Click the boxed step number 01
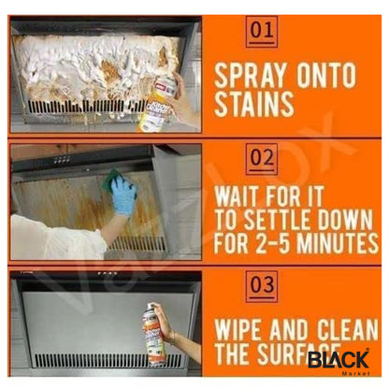point(262,32)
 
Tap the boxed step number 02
point(262,160)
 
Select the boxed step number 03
point(262,281)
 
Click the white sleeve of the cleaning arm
point(56,238)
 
